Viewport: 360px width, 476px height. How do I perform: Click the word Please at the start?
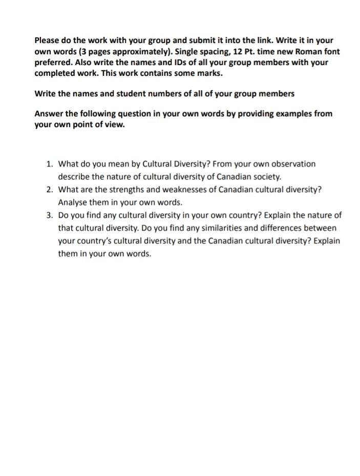[x=47, y=40]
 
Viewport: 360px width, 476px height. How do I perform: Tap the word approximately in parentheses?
[x=157, y=51]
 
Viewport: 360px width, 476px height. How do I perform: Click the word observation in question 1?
[x=292, y=164]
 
